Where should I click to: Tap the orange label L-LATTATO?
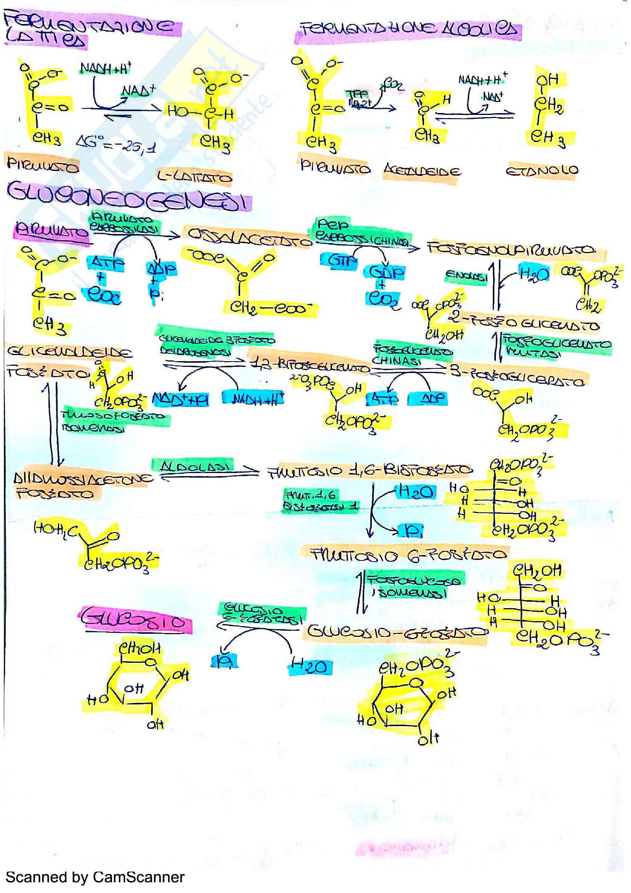tap(194, 177)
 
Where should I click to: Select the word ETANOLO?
tap(542, 171)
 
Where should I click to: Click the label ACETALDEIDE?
tap(422, 171)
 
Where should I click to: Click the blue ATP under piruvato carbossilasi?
tap(105, 264)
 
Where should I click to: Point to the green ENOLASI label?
tap(466, 276)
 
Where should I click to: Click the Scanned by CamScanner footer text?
tap(95, 877)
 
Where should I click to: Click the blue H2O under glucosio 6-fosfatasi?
tap(310, 667)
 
